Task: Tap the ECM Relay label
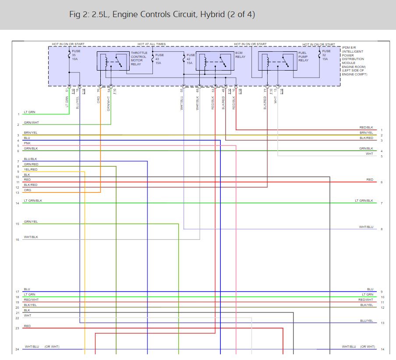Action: tap(240, 55)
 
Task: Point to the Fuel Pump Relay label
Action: tap(304, 57)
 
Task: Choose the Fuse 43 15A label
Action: tap(159, 59)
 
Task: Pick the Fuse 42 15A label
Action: tap(190, 59)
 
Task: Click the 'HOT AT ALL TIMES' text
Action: tap(152, 44)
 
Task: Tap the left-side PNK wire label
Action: tap(27, 143)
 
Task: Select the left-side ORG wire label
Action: tap(27, 190)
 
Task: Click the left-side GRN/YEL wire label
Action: tap(31, 222)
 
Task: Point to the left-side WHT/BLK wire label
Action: tap(31, 237)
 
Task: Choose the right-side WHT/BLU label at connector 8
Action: tap(366, 227)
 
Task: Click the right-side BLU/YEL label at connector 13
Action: tap(366, 321)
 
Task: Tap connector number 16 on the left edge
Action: tap(17, 240)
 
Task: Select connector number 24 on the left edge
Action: tap(17, 349)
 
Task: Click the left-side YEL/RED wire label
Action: tap(31, 169)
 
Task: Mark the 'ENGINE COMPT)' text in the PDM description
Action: tap(355, 75)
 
